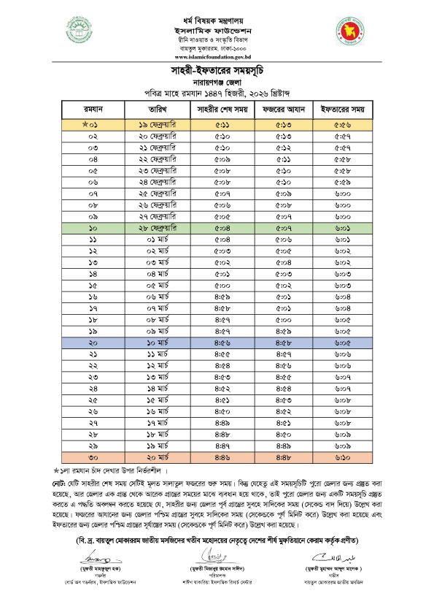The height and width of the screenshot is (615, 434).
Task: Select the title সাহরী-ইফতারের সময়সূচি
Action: (x=217, y=70)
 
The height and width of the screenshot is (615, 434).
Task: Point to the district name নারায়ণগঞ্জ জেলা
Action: (x=217, y=83)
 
